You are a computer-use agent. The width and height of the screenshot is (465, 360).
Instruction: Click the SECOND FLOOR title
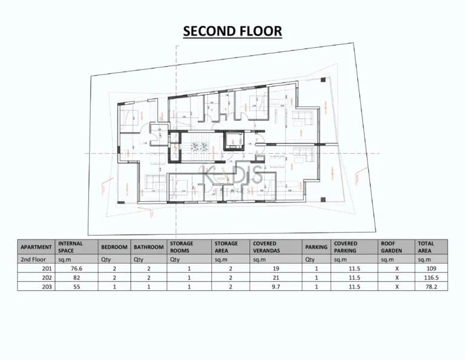pos(232,31)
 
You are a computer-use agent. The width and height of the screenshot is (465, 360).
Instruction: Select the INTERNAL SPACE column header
pos(70,247)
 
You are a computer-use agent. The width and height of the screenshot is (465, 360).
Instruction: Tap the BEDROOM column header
pos(114,247)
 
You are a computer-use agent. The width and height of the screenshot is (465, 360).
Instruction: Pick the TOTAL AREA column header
pos(426,247)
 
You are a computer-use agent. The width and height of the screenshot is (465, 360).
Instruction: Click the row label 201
pos(47,268)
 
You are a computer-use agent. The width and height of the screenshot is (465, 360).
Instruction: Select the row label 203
pos(47,286)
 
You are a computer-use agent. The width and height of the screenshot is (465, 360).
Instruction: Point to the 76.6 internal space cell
pos(75,268)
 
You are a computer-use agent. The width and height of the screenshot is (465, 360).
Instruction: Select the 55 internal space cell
pos(76,286)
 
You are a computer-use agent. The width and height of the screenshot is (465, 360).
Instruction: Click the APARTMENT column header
pos(36,247)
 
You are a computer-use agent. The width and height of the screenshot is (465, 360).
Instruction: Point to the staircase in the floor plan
pos(199,147)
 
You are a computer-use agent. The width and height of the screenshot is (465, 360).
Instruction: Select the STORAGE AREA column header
pos(226,247)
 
